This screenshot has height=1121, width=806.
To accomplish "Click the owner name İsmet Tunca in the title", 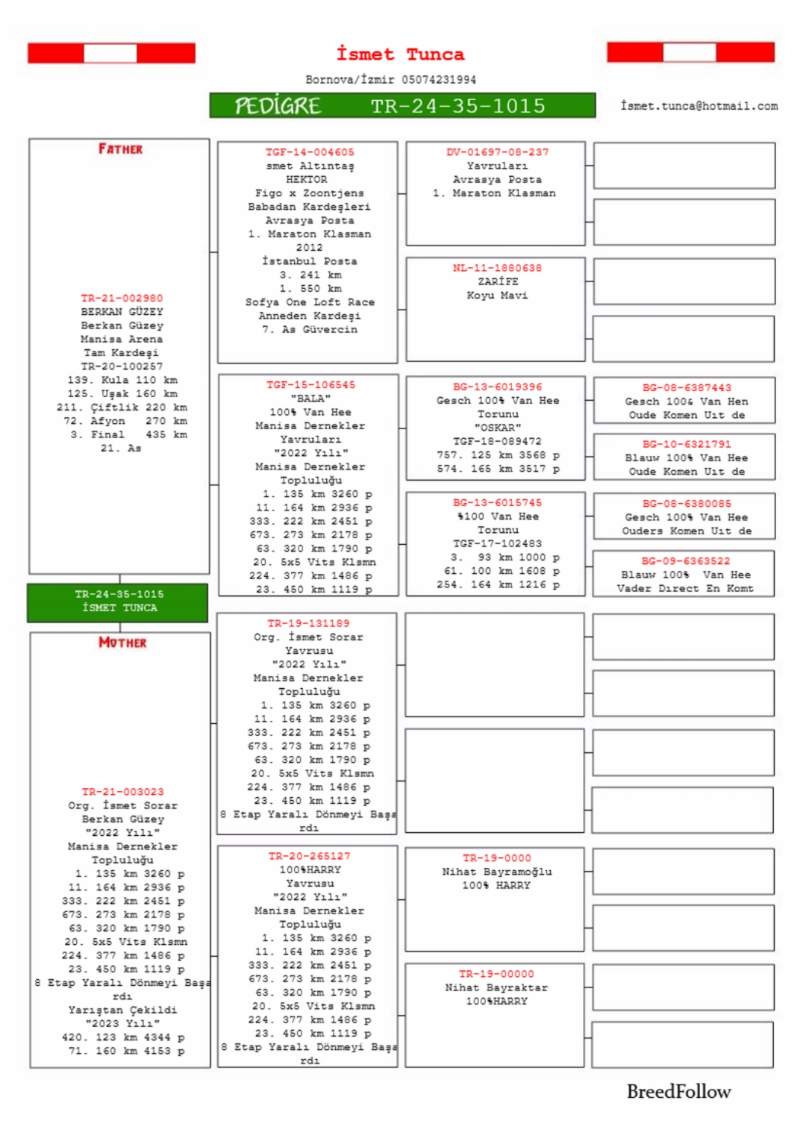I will (x=400, y=54).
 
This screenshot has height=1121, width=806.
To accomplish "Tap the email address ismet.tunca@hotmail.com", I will (x=699, y=106).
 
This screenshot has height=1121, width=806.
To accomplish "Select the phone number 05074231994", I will (x=439, y=79).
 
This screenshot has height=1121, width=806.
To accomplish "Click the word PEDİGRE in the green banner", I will (x=278, y=106).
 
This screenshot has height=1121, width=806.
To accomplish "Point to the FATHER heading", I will (x=120, y=149).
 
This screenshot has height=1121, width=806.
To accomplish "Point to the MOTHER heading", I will (x=122, y=643).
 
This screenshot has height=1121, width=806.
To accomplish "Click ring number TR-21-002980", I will (x=122, y=298).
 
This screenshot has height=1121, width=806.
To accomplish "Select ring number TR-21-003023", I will (x=122, y=792).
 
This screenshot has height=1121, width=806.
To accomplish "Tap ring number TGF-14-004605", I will (x=310, y=152).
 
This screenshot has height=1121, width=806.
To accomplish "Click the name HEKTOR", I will (x=307, y=179).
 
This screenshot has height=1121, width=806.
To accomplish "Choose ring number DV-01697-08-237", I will (x=497, y=152).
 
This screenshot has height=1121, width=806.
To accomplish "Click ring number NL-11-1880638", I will (x=497, y=268).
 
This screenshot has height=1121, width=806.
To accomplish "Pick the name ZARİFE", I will (x=498, y=281).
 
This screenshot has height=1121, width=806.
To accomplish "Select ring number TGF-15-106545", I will (x=310, y=385).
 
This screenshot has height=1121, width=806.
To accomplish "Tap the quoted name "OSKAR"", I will (x=498, y=428).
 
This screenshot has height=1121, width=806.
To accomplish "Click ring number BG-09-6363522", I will (x=686, y=561).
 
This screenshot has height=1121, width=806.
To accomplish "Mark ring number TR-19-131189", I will (x=308, y=623).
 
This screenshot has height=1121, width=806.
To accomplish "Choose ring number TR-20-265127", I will (x=309, y=856).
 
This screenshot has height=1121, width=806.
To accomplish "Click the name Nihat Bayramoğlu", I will (x=497, y=872).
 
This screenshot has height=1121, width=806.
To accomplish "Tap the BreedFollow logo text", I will (x=678, y=1091).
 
